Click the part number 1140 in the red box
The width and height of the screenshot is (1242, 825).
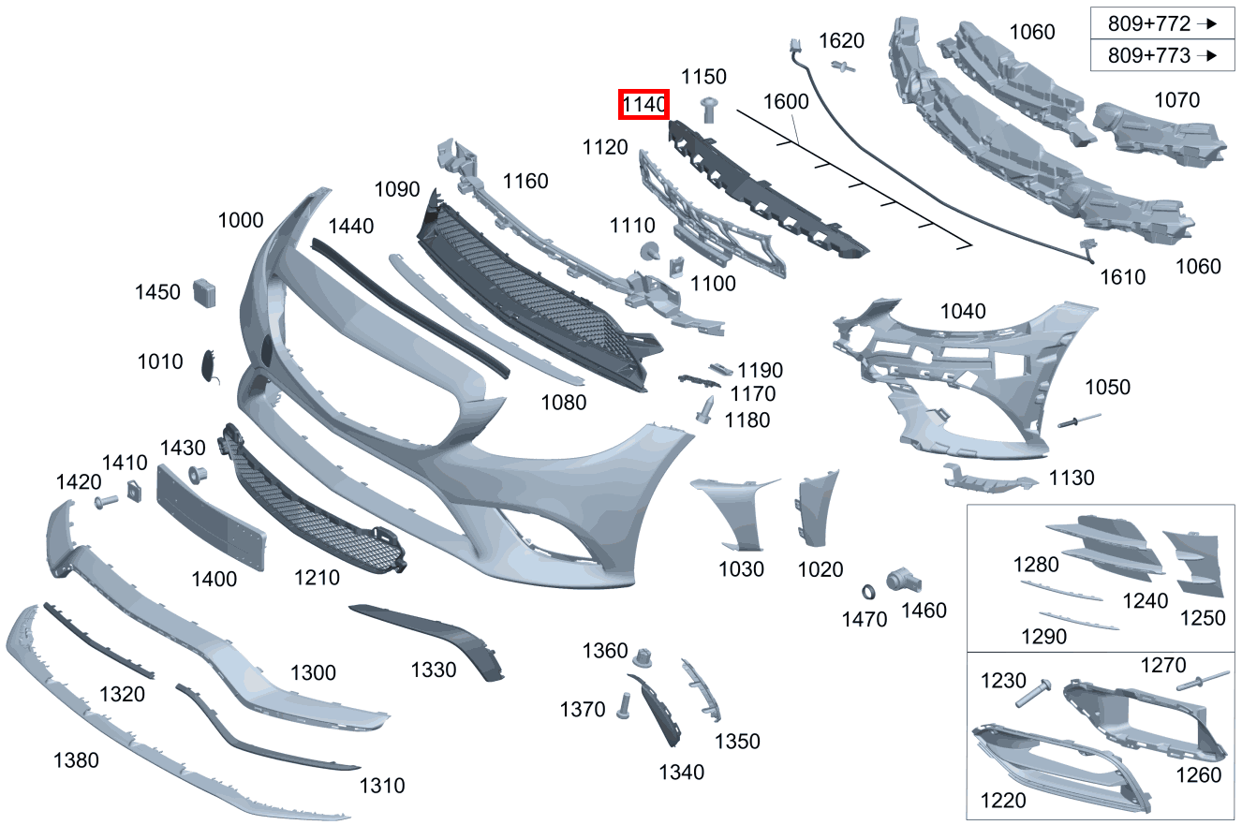coord(643,104)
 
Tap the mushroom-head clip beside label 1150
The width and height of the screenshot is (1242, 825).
coord(709,110)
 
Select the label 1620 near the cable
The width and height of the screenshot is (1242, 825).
coord(841,40)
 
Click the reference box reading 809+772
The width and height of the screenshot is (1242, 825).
coord(1162,23)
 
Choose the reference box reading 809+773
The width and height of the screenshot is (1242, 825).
coord(1162,55)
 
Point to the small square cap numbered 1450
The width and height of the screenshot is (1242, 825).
coord(204,293)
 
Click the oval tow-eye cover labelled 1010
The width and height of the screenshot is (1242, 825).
coord(209,365)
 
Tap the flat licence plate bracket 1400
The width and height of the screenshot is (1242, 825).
coord(212,518)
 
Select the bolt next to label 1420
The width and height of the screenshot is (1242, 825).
coord(106,502)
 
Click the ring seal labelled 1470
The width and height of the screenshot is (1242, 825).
coord(868,592)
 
